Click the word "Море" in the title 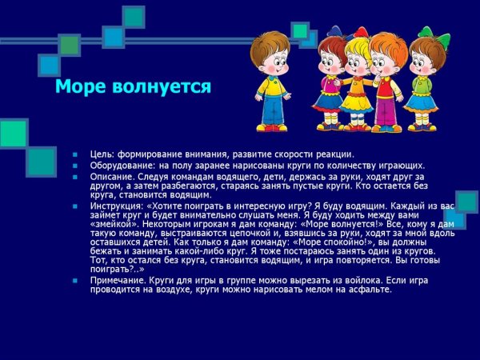[x=80, y=86]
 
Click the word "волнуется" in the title [x=162, y=86]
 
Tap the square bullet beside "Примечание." [x=73, y=280]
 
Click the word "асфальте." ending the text [x=370, y=289]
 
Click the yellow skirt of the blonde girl [x=357, y=100]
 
